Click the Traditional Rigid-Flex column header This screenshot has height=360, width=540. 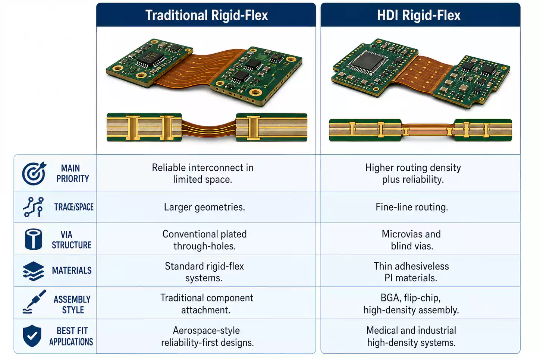tap(206, 15)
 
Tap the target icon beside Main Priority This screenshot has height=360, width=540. tap(34, 173)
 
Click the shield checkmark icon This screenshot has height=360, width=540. tap(32, 336)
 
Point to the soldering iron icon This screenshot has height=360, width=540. tap(34, 302)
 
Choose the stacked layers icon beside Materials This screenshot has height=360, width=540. tap(33, 271)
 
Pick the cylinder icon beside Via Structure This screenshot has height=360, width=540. tap(33, 239)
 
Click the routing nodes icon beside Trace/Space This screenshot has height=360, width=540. tap(33, 207)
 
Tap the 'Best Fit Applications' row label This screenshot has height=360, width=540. tap(71, 337)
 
